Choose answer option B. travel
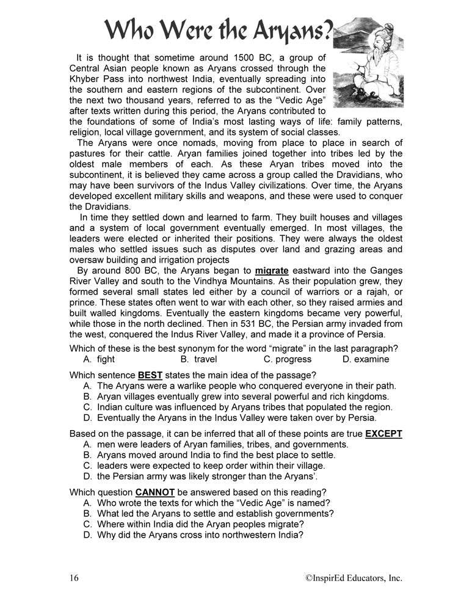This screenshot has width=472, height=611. [x=198, y=359]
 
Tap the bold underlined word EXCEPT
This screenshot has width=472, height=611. [x=384, y=434]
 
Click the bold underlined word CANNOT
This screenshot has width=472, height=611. [x=155, y=492]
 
